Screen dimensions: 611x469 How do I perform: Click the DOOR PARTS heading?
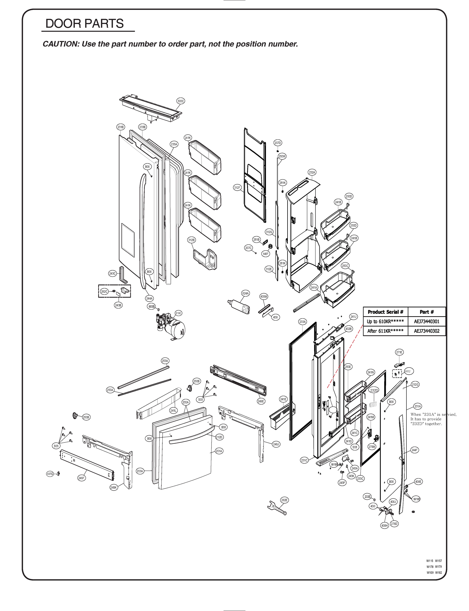84,23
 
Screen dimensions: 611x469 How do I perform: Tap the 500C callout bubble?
181,101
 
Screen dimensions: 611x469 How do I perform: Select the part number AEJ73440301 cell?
426,322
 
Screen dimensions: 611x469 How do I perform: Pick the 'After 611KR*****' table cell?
385,331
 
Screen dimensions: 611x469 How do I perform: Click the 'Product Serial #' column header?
385,312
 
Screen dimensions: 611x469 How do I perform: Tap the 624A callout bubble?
245,294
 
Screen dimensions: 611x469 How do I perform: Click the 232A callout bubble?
312,173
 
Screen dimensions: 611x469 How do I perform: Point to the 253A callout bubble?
165,361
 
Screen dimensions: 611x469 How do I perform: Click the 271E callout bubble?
399,352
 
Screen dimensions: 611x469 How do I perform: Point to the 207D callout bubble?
277,143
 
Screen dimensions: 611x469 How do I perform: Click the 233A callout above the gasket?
303,322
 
